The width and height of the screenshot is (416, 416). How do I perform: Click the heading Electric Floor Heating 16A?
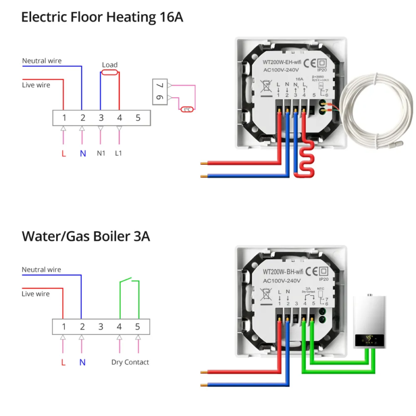[102, 17]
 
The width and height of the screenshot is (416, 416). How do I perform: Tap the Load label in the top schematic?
[110, 65]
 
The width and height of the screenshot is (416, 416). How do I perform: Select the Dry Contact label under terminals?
[130, 362]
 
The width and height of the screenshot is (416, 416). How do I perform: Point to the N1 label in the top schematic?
[101, 153]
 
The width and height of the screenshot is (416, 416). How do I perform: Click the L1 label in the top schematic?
[119, 153]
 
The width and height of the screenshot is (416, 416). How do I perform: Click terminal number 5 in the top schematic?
[138, 118]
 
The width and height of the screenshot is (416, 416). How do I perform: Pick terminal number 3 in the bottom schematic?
[101, 327]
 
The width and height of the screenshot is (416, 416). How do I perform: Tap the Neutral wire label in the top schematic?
[42, 61]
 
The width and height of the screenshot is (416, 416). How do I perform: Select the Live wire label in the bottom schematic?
[35, 294]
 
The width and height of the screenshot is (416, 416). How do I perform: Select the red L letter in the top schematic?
[64, 153]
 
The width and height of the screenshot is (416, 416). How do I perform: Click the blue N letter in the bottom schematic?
[82, 362]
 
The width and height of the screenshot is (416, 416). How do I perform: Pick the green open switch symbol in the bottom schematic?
[129, 283]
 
